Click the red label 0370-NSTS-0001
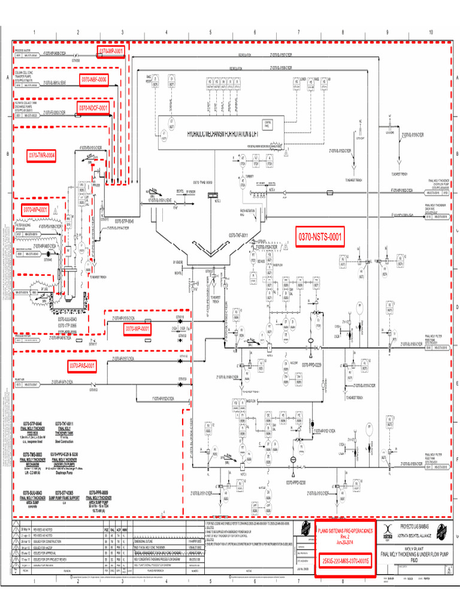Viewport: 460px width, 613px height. coord(319,238)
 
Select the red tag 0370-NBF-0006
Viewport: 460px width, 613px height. coord(93,79)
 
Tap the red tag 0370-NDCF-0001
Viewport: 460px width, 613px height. coord(93,108)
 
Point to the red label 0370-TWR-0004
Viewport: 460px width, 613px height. coord(42,156)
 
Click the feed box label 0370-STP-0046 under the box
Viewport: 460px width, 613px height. coord(120,221)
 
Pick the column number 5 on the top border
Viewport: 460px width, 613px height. coord(210,32)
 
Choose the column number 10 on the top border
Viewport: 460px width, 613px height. coord(431,32)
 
